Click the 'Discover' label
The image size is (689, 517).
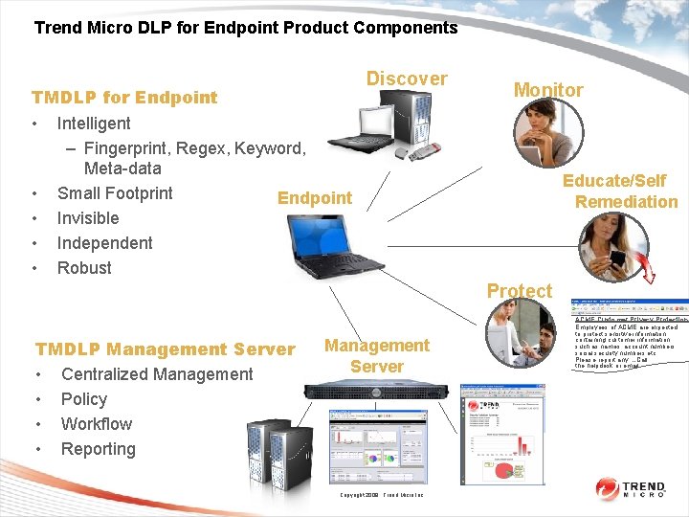tap(407, 79)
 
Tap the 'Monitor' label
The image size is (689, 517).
tap(548, 90)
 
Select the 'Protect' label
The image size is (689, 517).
tap(520, 291)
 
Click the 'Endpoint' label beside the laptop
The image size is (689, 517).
tap(315, 198)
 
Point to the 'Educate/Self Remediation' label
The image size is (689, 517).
tap(619, 191)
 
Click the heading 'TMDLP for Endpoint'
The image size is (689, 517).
tap(124, 97)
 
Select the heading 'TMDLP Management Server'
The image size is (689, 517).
tap(165, 349)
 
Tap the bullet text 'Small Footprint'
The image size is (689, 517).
tap(115, 193)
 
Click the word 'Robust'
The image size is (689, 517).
tap(84, 268)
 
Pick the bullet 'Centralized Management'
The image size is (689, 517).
tap(157, 374)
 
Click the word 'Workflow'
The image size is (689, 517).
tap(97, 424)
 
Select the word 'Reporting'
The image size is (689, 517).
tap(99, 449)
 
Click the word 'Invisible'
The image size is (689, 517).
tap(88, 218)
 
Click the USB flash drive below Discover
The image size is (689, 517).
tap(413, 149)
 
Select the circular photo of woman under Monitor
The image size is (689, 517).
tap(547, 135)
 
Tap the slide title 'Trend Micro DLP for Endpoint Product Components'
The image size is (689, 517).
tap(246, 28)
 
